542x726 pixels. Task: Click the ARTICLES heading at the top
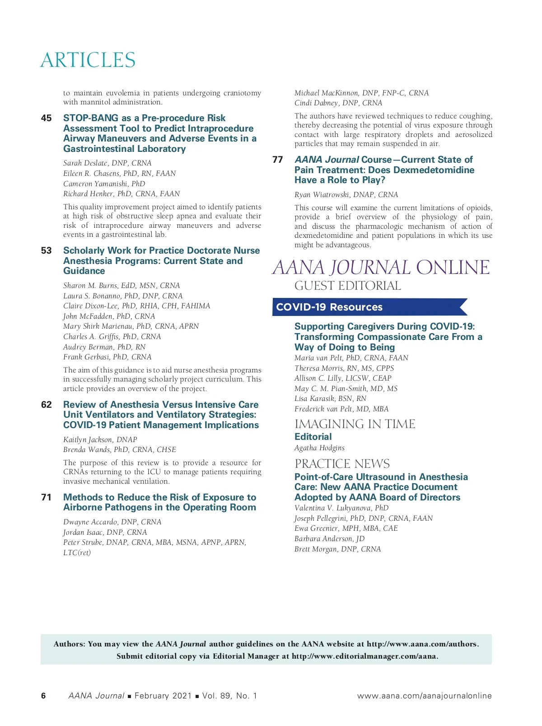pos(88,60)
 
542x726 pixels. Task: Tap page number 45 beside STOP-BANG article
pos(46,118)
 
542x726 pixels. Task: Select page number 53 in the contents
pos(46,250)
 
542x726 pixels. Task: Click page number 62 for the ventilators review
pos(46,405)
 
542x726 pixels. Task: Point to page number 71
pos(46,497)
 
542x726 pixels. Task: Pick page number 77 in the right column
pos(278,160)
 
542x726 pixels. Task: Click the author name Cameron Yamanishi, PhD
pos(104,184)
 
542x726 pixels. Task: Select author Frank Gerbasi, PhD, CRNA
pos(107,357)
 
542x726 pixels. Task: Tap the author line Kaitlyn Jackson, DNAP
pos(100,439)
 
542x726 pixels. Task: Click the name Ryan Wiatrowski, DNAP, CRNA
pos(346,194)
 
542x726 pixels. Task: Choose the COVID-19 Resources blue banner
pos(368,307)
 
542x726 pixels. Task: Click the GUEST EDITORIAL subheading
pos(347,286)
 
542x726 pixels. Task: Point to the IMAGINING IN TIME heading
pos(355,424)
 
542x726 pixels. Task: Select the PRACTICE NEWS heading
pos(342,464)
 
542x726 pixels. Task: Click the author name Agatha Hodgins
pos(319,448)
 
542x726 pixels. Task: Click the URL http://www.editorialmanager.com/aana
pos(364,656)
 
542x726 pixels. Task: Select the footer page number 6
pos(43,696)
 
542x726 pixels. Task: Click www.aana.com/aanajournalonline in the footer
pos(424,696)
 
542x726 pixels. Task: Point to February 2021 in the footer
pos(163,696)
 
